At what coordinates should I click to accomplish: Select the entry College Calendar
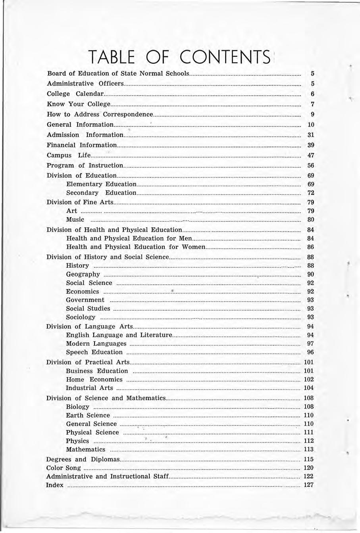[75, 94]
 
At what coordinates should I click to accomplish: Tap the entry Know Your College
[78, 104]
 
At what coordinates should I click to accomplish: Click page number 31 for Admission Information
[311, 135]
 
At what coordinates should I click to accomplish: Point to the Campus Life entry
[69, 155]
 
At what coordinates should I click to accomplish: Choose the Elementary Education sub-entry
[101, 184]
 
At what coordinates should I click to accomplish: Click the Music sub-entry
[75, 219]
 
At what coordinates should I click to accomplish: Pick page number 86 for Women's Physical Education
[311, 247]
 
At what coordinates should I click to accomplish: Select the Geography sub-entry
[83, 274]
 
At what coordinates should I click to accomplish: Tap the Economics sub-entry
[83, 291]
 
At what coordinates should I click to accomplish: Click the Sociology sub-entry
[81, 317]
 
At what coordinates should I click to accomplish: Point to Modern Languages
[96, 343]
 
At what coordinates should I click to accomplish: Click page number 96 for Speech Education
[311, 352]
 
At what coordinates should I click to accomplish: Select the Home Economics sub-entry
[94, 380]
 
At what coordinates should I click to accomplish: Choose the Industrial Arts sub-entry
[89, 388]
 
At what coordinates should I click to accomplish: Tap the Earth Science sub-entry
[88, 415]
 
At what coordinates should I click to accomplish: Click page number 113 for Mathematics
[309, 449]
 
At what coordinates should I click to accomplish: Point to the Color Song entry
[58, 468]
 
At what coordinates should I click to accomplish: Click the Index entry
[55, 485]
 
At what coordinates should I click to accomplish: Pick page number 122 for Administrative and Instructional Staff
[309, 476]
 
